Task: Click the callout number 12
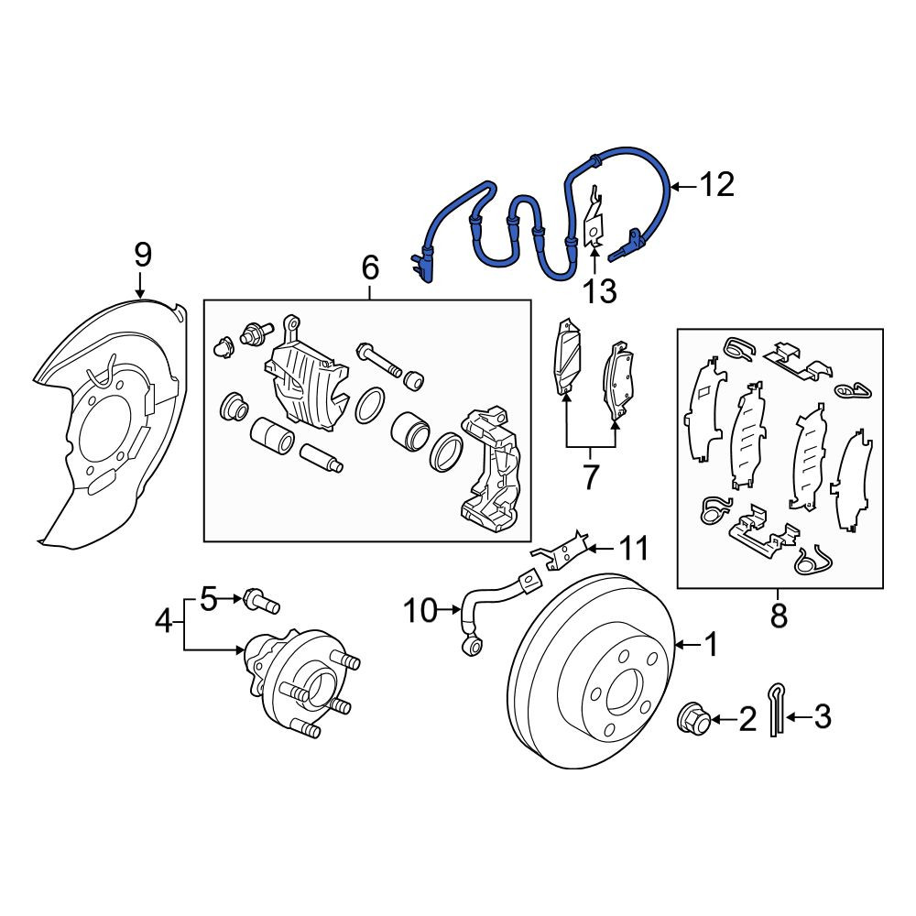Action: [716, 185]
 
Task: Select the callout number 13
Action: [600, 290]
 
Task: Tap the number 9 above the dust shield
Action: [143, 255]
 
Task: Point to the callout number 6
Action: [370, 267]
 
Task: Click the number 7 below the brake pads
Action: [591, 477]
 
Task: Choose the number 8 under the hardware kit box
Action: [779, 615]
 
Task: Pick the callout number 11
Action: [634, 548]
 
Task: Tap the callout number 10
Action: [420, 611]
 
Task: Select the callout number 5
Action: [209, 598]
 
